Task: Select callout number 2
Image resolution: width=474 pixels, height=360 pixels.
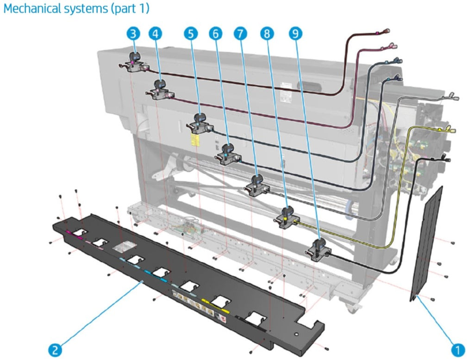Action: click(x=55, y=349)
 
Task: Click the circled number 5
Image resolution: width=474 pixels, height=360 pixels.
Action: click(x=190, y=33)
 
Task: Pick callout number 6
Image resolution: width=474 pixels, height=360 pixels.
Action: click(x=215, y=33)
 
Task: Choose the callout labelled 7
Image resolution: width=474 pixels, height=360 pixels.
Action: click(x=240, y=33)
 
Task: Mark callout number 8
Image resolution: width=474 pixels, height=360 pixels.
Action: click(x=267, y=33)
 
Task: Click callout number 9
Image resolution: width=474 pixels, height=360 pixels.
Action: click(x=295, y=33)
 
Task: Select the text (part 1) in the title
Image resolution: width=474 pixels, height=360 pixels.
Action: click(x=132, y=9)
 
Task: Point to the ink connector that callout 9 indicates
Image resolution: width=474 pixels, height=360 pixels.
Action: click(x=318, y=248)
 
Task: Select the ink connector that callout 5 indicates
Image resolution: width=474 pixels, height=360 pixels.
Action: click(x=201, y=123)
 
